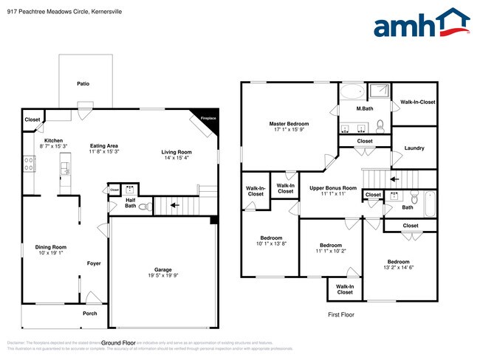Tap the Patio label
[x=83, y=84]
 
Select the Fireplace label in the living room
[x=208, y=118]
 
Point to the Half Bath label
[x=130, y=202]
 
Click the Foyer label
[x=94, y=263]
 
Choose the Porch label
[x=89, y=313]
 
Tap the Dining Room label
[x=51, y=247]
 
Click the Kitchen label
[x=53, y=140]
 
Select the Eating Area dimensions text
[x=104, y=152]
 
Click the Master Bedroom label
[x=289, y=123]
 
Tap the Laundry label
[x=414, y=148]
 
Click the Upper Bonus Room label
[x=333, y=188]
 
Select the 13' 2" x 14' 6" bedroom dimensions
[x=398, y=269]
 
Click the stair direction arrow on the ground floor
[x=174, y=206]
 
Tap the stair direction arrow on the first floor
[x=393, y=179]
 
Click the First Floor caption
[x=341, y=314]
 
